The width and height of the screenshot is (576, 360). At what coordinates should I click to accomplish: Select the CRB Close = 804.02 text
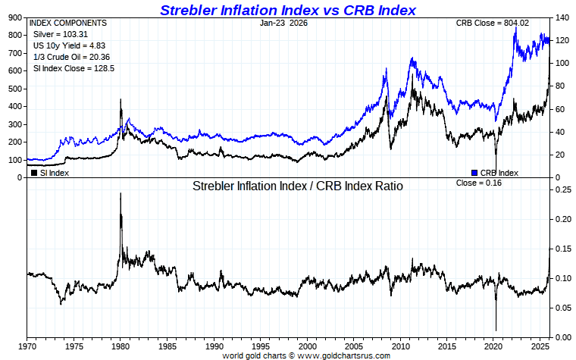(490, 23)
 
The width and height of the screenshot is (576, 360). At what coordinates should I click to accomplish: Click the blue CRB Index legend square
(474, 172)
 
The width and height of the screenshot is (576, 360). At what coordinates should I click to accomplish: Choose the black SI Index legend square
(33, 172)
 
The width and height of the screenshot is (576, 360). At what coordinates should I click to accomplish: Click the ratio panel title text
(297, 186)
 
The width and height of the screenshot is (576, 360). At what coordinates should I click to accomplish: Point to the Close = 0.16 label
(478, 183)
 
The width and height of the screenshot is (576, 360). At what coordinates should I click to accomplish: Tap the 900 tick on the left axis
(14, 17)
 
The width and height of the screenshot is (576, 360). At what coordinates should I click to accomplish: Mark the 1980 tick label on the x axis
(121, 346)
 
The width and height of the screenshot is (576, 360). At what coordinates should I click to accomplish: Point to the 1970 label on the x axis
(27, 346)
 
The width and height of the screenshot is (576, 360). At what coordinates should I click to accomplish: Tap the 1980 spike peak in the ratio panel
(121, 193)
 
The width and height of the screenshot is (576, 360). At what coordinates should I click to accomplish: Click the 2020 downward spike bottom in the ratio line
(496, 330)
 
